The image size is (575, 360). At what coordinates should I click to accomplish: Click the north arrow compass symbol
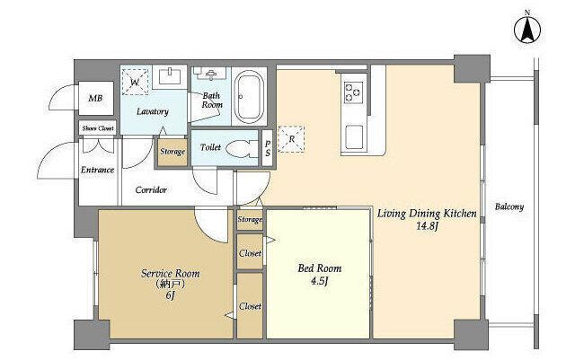[x=527, y=31]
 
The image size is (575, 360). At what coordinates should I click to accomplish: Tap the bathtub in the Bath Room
[x=249, y=97]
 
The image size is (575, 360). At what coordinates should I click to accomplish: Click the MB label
[x=95, y=98]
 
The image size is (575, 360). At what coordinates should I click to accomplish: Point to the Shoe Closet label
[x=98, y=128]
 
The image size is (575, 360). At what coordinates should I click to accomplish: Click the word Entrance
[x=97, y=170]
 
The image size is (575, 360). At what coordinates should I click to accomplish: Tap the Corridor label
[x=151, y=190]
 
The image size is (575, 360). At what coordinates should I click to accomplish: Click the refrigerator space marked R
[x=291, y=139]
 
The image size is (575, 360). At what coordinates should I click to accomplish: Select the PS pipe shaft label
[x=268, y=148]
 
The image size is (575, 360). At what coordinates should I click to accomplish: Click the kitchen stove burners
[x=353, y=92]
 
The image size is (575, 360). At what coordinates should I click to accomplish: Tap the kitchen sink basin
[x=354, y=137]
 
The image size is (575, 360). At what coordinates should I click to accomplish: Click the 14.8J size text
[x=428, y=226]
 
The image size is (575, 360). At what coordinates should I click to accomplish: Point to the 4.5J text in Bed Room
[x=319, y=281]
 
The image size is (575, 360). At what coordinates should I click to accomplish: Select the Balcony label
[x=509, y=206]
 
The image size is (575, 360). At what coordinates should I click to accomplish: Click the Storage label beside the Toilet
[x=172, y=151]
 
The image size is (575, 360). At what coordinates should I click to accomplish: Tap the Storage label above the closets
[x=250, y=219]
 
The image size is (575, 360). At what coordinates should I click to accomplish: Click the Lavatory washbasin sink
[x=170, y=76]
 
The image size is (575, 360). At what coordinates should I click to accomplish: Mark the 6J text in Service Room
[x=170, y=295]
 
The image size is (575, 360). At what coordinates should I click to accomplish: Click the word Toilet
[x=210, y=147]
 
